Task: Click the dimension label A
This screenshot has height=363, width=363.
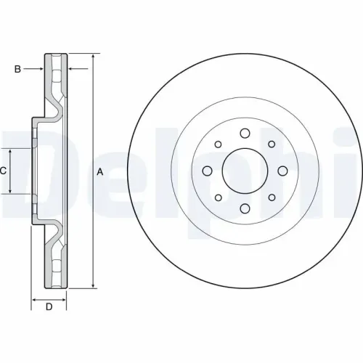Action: tap(100, 171)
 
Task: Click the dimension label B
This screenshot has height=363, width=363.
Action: tap(17, 69)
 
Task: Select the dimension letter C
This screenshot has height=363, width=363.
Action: tap(4, 171)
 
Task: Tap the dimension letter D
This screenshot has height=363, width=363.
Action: tap(49, 307)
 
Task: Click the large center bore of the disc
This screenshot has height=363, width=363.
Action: tap(244, 171)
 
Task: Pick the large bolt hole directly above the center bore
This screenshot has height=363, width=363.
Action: tap(244, 134)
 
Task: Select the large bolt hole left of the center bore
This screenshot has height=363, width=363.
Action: tap(207, 171)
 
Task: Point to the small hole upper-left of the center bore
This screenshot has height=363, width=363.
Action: tap(218, 144)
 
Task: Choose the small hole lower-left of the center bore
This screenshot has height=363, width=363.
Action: tap(218, 198)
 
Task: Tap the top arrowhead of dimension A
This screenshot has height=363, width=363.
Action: tap(93, 57)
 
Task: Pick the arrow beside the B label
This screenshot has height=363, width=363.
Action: tap(40, 69)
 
